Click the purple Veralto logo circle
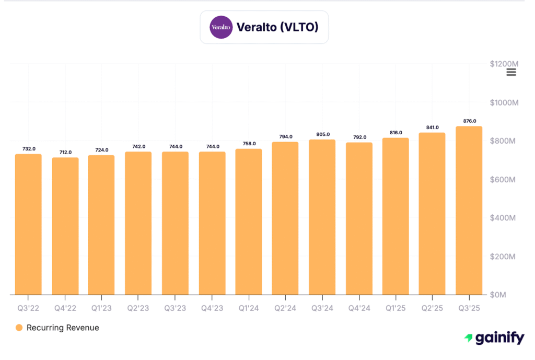(x=220, y=27)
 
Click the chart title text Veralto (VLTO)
(x=277, y=27)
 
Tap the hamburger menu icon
(x=511, y=72)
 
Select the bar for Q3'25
(x=469, y=210)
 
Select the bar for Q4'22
(x=65, y=226)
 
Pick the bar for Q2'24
(x=285, y=218)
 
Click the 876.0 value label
(x=469, y=121)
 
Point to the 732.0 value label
(x=29, y=149)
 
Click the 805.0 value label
(x=322, y=134)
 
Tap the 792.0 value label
(x=359, y=137)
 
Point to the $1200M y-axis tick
(x=504, y=64)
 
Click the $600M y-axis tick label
(x=504, y=179)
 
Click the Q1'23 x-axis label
(x=101, y=308)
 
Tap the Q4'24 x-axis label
(x=359, y=308)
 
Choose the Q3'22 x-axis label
(x=28, y=308)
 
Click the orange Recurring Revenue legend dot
(x=19, y=328)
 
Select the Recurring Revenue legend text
(x=63, y=328)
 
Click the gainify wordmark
(x=499, y=338)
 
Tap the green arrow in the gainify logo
(x=469, y=339)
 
